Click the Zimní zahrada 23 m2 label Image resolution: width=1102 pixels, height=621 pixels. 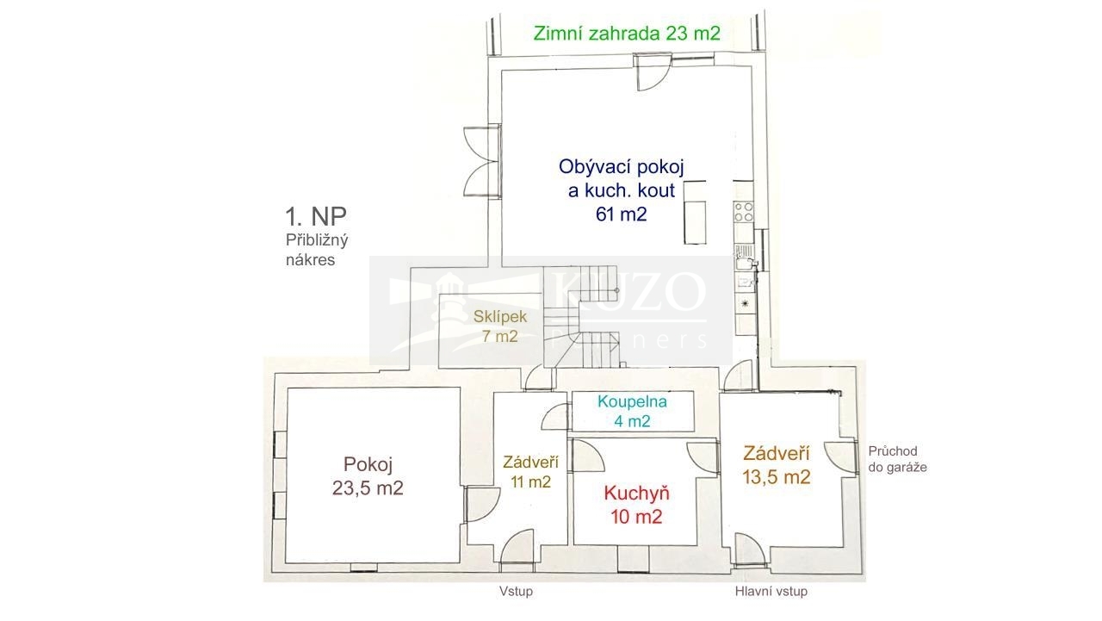tap(627, 34)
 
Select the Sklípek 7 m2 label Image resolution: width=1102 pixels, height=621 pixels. tap(500, 326)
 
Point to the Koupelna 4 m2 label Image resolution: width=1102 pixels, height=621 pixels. tap(632, 411)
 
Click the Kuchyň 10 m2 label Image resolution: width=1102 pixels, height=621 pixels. tap(636, 505)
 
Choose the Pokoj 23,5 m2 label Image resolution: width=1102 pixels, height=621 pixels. tap(368, 475)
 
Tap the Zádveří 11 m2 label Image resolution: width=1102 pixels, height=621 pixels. tap(530, 471)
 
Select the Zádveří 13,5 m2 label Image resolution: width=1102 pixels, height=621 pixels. tap(777, 464)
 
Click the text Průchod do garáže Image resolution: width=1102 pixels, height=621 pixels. tap(897, 459)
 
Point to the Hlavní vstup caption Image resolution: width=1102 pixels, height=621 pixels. tap(771, 591)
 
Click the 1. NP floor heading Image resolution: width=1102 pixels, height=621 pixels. tap(316, 215)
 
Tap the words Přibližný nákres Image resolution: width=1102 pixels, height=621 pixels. tap(317, 250)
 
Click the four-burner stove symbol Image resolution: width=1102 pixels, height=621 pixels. tap(743, 212)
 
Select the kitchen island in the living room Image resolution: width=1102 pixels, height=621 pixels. tap(695, 213)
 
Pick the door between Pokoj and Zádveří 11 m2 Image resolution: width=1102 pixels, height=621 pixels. tap(482, 504)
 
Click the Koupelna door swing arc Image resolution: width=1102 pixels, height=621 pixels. tap(555, 417)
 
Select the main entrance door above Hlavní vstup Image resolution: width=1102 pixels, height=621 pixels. tap(750, 548)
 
